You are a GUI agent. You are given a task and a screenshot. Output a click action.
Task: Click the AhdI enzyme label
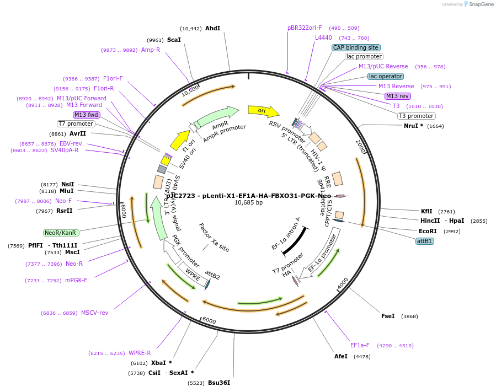(212, 28)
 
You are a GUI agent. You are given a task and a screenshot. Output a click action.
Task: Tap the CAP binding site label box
(355, 47)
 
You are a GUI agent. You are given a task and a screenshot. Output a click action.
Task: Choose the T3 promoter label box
(416, 116)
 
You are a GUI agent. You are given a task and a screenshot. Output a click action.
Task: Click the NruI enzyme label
(414, 126)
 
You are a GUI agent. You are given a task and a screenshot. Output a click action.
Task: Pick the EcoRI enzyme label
(428, 231)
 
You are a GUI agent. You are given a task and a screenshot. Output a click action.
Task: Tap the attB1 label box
(425, 241)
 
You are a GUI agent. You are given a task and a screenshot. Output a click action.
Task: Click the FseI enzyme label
(388, 316)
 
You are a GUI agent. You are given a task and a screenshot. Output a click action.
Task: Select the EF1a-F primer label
(360, 346)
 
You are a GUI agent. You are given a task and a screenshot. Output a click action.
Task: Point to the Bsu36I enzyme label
(218, 383)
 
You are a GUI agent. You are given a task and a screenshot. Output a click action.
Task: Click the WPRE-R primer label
(140, 353)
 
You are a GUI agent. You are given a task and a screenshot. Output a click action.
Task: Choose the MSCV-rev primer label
(95, 313)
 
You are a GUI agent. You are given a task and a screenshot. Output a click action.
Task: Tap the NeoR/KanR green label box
(60, 233)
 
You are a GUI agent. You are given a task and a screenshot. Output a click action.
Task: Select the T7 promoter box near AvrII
(76, 123)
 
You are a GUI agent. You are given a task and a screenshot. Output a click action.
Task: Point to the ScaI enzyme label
(174, 40)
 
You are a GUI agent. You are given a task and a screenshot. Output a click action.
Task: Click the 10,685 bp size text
(248, 203)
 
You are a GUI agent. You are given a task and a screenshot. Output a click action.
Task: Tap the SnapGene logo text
(481, 4)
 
